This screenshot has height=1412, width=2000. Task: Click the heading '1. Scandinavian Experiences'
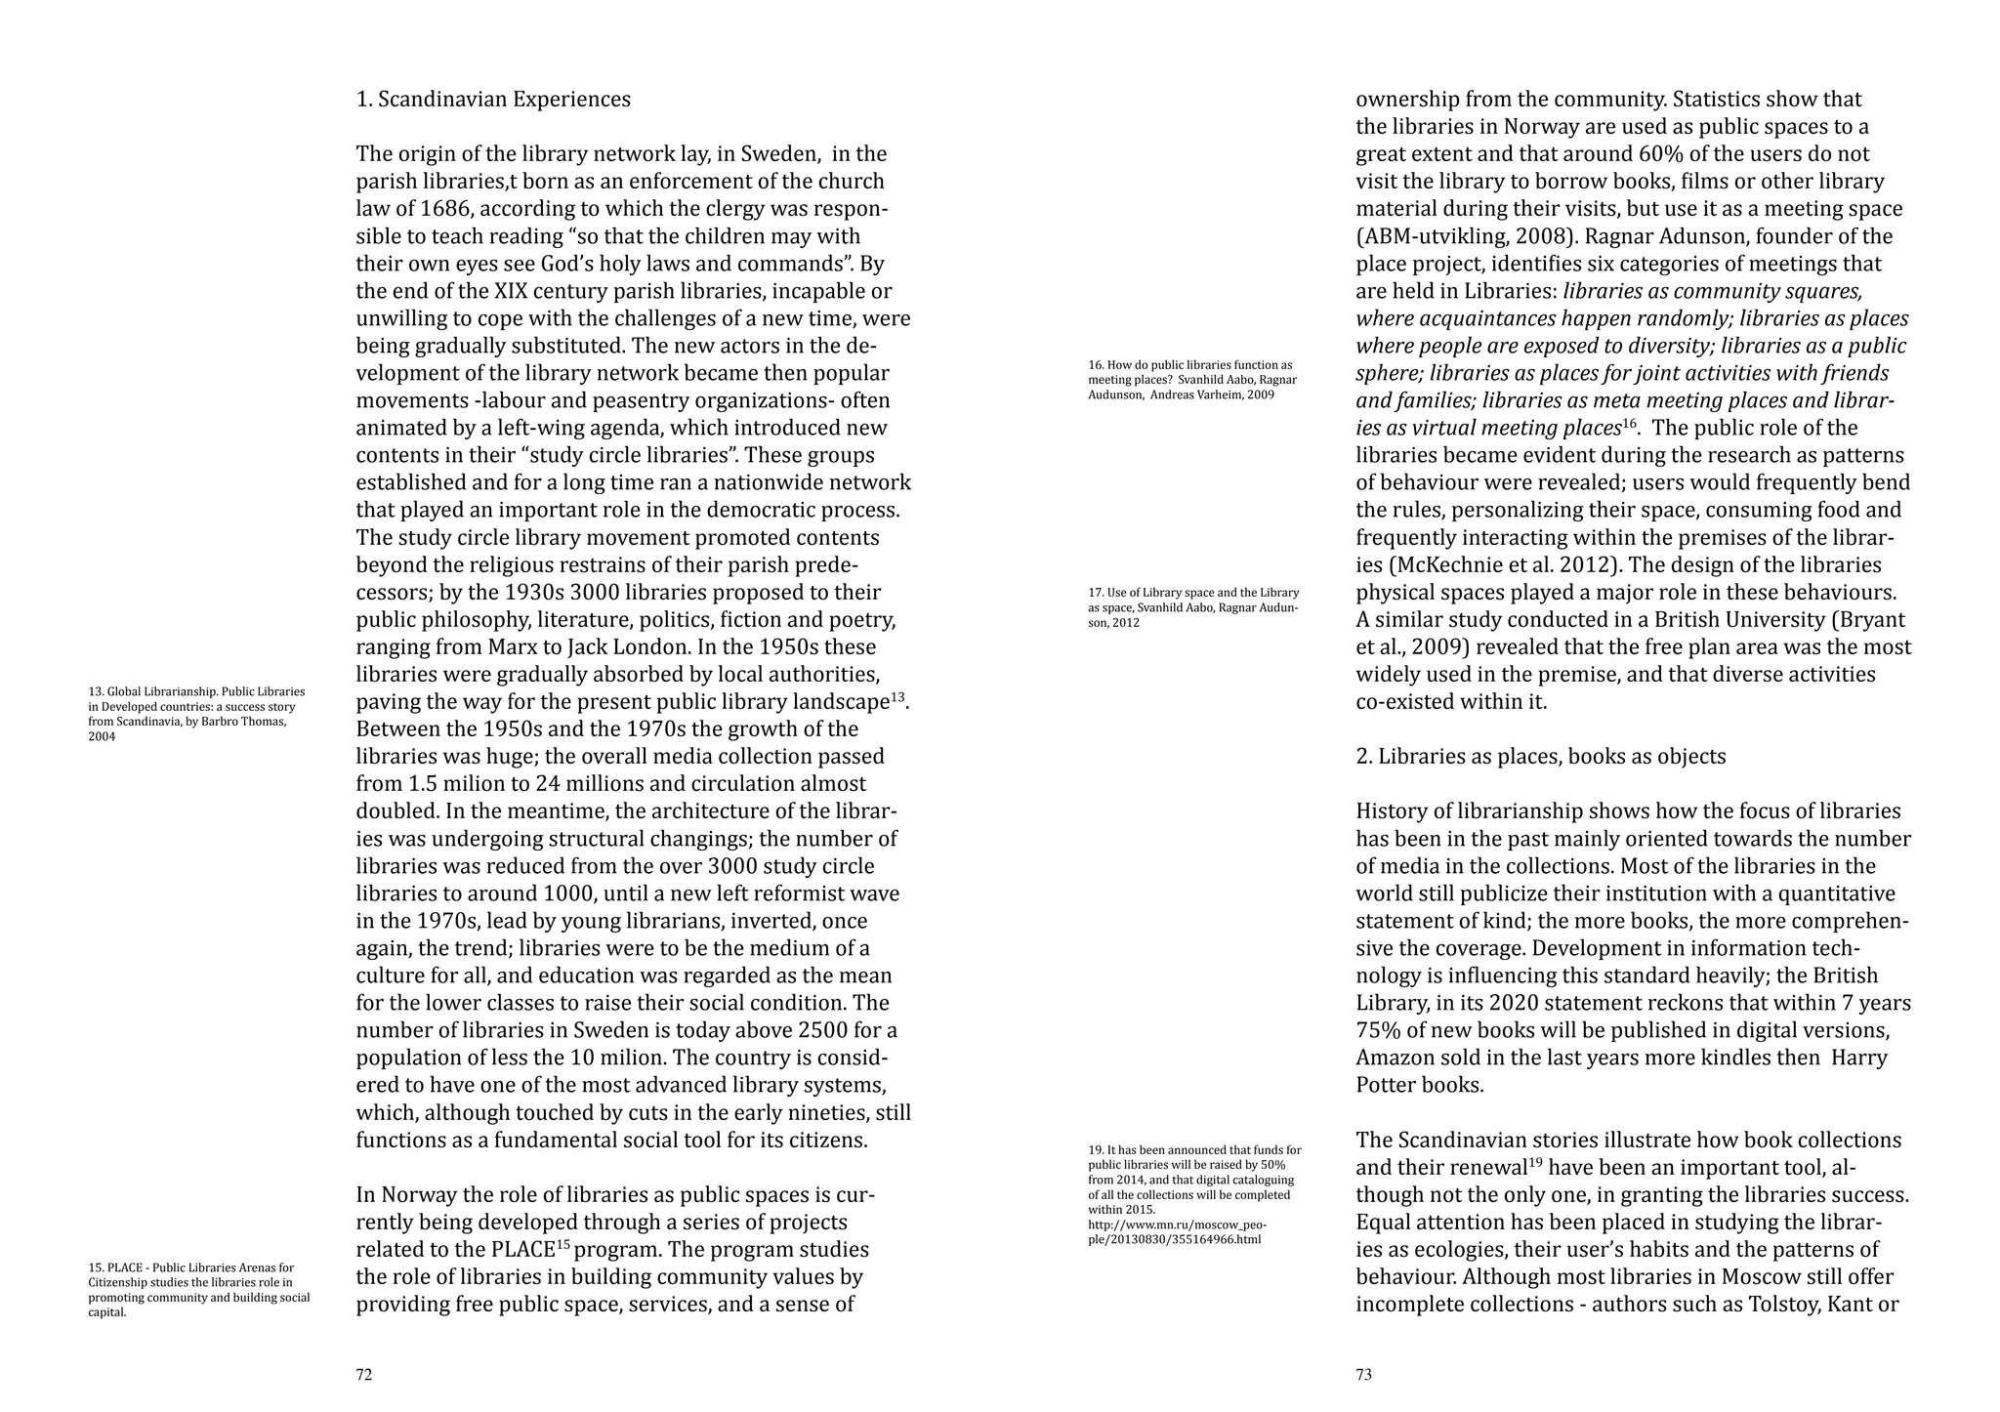pos(493,100)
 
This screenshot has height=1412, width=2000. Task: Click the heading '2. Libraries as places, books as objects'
pos(1540,757)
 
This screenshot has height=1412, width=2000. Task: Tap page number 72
pos(363,1375)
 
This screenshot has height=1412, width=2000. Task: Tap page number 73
pos(1363,1375)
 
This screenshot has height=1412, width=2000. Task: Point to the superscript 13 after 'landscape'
pos(897,697)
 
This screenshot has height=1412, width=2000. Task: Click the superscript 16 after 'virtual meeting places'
pos(1628,423)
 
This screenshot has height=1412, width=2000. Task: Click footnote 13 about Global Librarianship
pos(196,714)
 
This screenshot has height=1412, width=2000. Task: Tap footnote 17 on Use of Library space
pos(1193,607)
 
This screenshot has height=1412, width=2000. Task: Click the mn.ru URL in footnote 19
pos(1177,1232)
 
